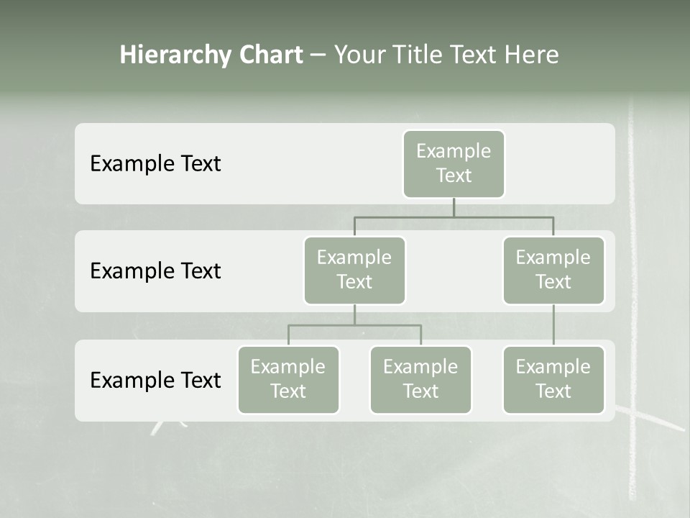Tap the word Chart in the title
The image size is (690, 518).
[271, 55]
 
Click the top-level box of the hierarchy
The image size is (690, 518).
[454, 164]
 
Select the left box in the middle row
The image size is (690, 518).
[354, 271]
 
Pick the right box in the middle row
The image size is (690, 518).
[553, 271]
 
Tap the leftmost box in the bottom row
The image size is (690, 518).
[288, 380]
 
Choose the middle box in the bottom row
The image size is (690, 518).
[420, 380]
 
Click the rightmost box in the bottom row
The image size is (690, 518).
[553, 380]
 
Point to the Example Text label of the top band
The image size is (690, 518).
[155, 164]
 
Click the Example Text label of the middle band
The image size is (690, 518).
[155, 271]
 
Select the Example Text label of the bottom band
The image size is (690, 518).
[155, 380]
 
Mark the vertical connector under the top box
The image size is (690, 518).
[454, 207]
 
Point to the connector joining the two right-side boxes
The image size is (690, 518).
[553, 325]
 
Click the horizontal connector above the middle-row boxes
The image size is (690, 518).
[454, 217]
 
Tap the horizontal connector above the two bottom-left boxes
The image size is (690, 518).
[354, 325]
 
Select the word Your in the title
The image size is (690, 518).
[357, 55]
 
